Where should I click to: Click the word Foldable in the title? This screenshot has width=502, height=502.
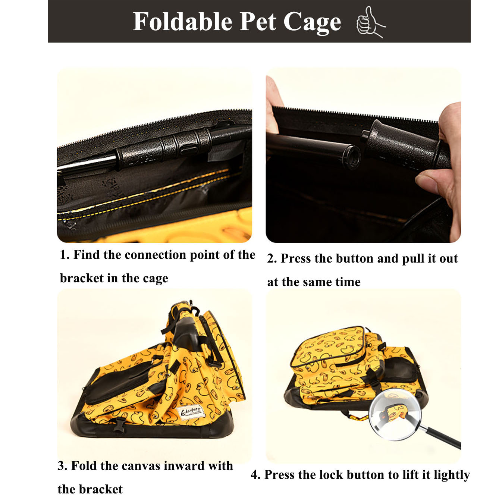182,22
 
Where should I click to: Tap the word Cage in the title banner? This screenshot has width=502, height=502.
312,23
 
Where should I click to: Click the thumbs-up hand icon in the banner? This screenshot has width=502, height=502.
370,22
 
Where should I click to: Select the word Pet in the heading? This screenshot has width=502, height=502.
258,22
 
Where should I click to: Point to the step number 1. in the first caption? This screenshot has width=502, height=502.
65,255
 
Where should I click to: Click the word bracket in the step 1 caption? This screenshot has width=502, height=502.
82,278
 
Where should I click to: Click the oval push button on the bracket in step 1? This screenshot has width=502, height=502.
189,150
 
